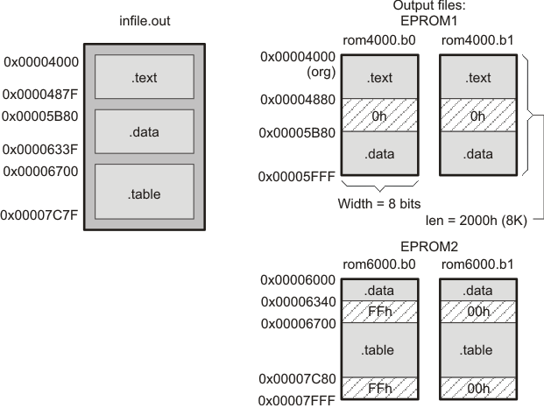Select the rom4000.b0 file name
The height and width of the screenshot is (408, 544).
[377, 39]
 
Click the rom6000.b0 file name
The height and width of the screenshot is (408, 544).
[377, 264]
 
